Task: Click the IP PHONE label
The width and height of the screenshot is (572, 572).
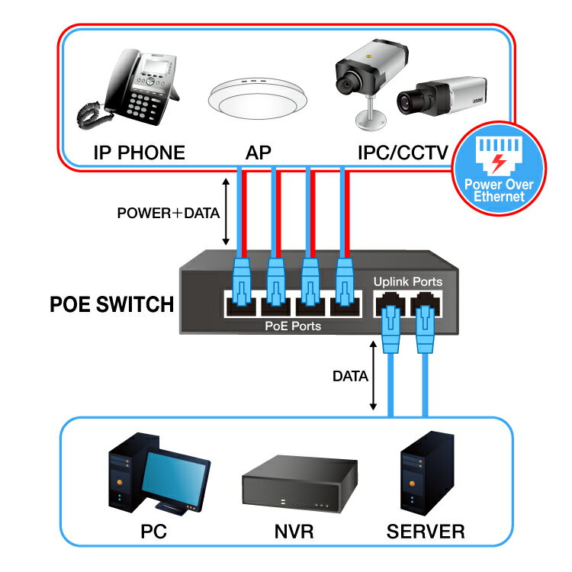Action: tap(139, 153)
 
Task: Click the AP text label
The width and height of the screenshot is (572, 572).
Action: tap(258, 153)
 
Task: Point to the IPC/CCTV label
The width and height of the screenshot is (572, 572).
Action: tap(403, 153)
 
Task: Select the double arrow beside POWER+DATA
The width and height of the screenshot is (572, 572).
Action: tap(226, 213)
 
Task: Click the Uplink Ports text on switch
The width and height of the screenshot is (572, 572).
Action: tap(407, 281)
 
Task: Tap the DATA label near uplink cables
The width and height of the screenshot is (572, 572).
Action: tap(350, 376)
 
